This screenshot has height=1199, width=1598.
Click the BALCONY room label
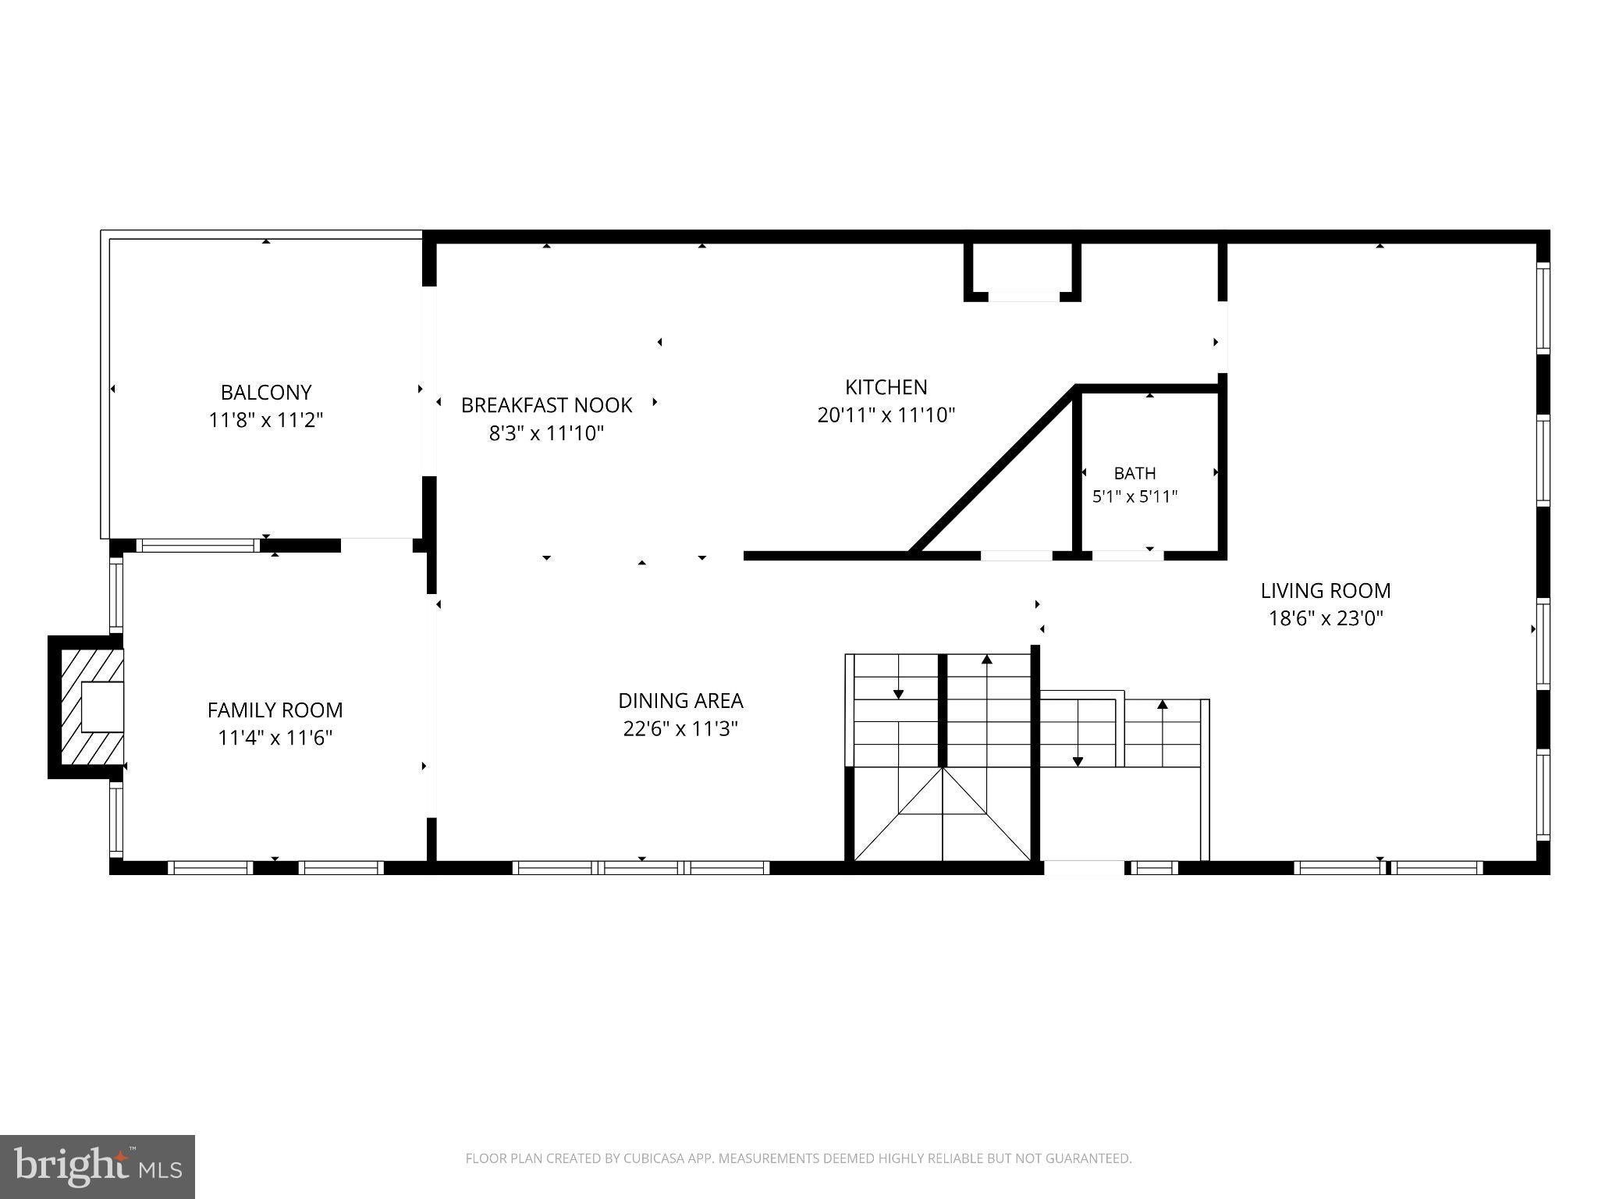266,392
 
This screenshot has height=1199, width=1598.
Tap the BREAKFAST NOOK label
546,405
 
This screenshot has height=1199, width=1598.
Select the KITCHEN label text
886,387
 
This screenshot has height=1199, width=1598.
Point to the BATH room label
1135,473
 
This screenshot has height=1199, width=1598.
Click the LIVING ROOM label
1326,591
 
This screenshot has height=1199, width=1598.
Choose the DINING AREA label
680,701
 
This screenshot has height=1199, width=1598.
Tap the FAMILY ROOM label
275,710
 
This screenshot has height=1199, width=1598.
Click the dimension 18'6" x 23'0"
1326,619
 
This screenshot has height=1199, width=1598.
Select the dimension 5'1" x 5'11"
1135,496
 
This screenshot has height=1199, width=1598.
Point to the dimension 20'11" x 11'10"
886,415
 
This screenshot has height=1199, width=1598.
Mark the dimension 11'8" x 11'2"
266,420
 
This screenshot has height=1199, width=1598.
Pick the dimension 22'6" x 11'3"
680,729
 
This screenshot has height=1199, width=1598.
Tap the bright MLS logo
98,1166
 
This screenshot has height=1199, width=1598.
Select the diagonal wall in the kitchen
993,471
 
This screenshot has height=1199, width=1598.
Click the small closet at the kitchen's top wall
1022,270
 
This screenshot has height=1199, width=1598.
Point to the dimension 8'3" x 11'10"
546,433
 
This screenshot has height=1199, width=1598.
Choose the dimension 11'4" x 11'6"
275,738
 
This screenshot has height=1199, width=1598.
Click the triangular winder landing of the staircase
943,815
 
